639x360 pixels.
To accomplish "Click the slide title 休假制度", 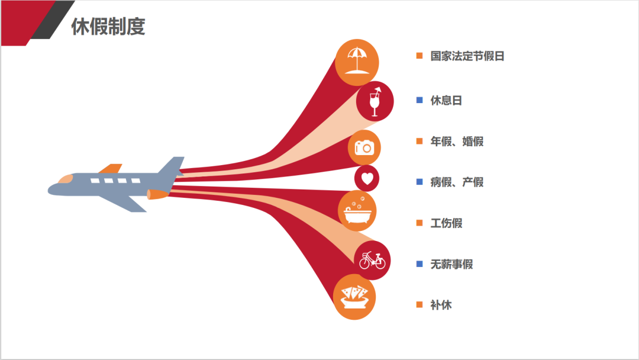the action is click(108, 27).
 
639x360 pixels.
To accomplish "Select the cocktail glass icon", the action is click(375, 101).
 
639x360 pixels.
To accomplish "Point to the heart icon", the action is click(367, 178).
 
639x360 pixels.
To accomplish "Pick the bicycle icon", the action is click(372, 260).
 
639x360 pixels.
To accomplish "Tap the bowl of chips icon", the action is click(354, 297).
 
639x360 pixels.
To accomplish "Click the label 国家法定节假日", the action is click(467, 56).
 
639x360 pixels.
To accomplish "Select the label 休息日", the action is click(446, 100).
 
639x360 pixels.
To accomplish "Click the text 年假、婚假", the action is click(457, 142).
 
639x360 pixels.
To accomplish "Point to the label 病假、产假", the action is click(457, 182).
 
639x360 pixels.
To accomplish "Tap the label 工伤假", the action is click(446, 223).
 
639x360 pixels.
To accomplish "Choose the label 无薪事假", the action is click(451, 264).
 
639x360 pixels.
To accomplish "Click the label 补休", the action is click(441, 305).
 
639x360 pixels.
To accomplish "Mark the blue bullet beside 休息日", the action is click(419, 100).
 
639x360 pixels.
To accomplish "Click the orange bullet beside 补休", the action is click(419, 305).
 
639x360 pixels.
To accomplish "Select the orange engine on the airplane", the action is click(157, 194).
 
